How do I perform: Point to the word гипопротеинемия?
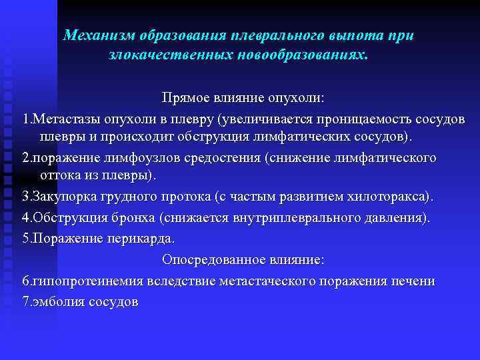pos(79,281)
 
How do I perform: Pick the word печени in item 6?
pos(413,281)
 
